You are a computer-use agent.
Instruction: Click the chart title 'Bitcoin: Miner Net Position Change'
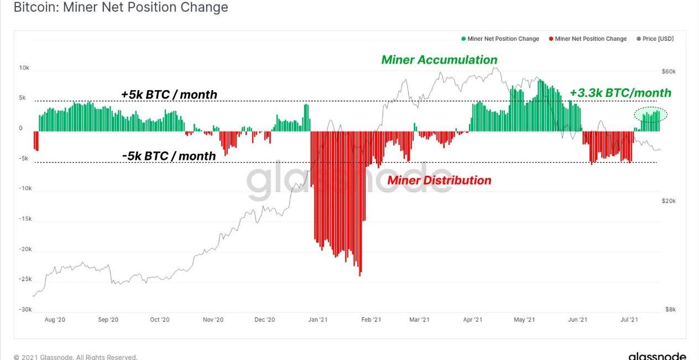pyautogui.click(x=121, y=8)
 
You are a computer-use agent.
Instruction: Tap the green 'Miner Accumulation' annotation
pyautogui.click(x=439, y=60)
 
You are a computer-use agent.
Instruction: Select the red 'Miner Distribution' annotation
pyautogui.click(x=439, y=180)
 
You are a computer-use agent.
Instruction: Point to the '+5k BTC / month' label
pyautogui.click(x=169, y=95)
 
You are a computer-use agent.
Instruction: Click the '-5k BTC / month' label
pyautogui.click(x=169, y=156)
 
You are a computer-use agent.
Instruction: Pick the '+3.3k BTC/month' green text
pyautogui.click(x=620, y=93)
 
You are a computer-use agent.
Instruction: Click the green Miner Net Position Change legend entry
pyautogui.click(x=500, y=39)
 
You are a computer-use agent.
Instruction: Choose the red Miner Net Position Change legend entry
pyautogui.click(x=587, y=39)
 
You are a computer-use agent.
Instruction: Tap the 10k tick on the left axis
pyautogui.click(x=24, y=68)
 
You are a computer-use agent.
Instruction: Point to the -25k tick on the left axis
pyautogui.click(x=25, y=279)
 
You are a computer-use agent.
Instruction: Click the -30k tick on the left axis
pyautogui.click(x=25, y=310)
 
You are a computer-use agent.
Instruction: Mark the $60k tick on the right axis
pyautogui.click(x=669, y=72)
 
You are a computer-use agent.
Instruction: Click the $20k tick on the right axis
pyautogui.click(x=669, y=201)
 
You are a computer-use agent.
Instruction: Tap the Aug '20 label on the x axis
pyautogui.click(x=55, y=320)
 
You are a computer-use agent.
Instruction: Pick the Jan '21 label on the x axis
pyautogui.click(x=318, y=320)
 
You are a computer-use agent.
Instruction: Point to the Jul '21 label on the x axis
pyautogui.click(x=629, y=320)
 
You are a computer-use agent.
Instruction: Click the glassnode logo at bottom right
pyautogui.click(x=657, y=356)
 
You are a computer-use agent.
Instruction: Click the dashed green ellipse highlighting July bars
pyautogui.click(x=650, y=114)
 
